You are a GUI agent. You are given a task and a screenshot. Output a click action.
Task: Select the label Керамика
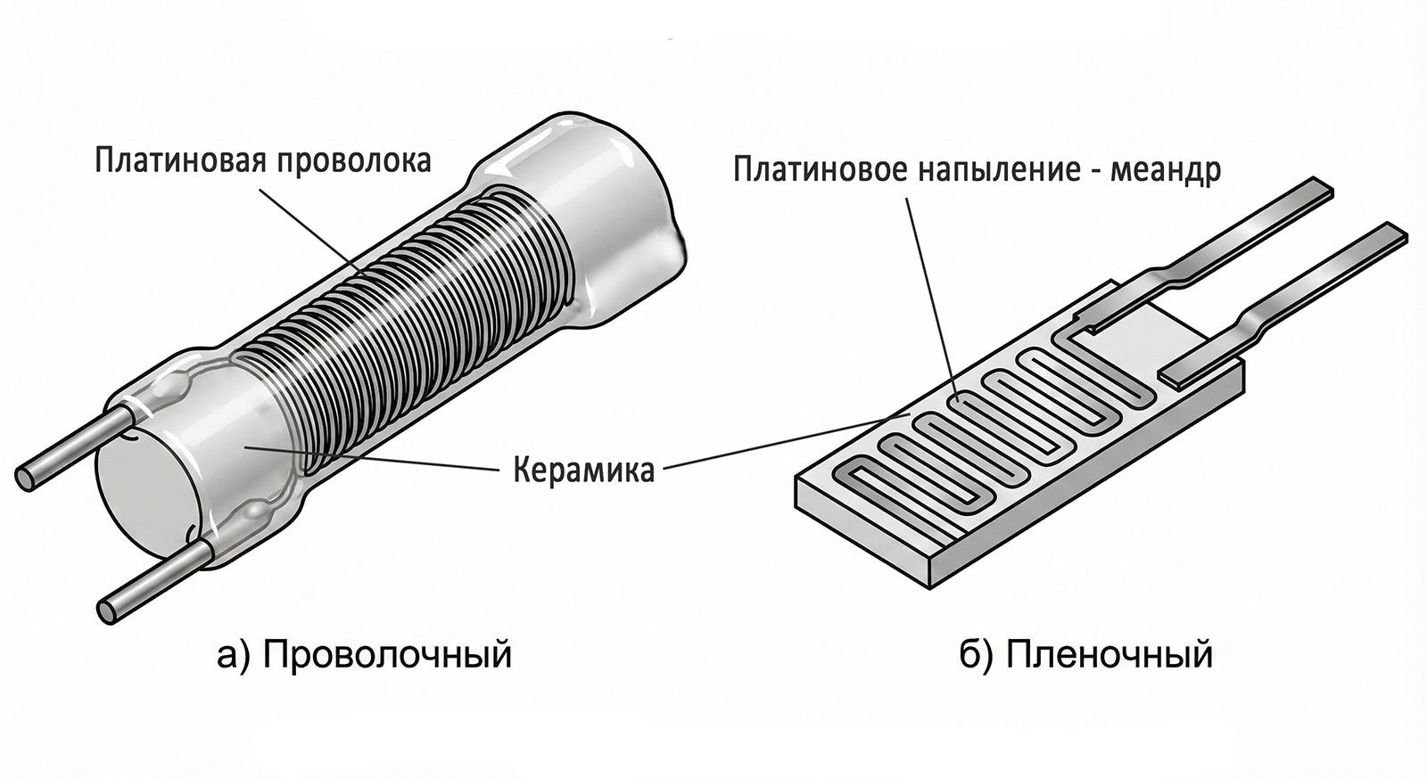coord(583,469)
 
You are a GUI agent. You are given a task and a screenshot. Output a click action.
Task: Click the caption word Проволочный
coord(388,654)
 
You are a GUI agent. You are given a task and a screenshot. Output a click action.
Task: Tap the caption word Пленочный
coord(1109,654)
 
